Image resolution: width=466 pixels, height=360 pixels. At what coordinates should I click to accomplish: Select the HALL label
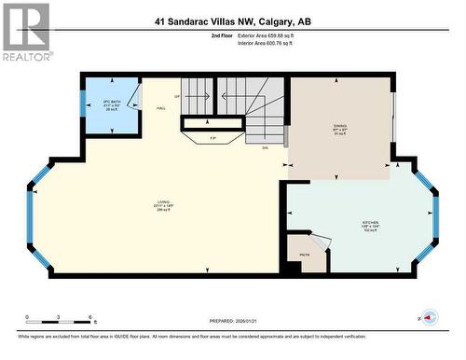pos(160,107)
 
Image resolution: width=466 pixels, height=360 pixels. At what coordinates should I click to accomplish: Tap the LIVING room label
pos(164,207)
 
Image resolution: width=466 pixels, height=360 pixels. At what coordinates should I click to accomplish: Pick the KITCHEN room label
pos(371,225)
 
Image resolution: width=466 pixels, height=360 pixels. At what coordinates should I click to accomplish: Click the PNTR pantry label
pos(304,254)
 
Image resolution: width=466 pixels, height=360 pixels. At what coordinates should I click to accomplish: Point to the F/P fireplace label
pos(212,137)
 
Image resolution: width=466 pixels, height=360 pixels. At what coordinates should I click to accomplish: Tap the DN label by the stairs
pos(264,147)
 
